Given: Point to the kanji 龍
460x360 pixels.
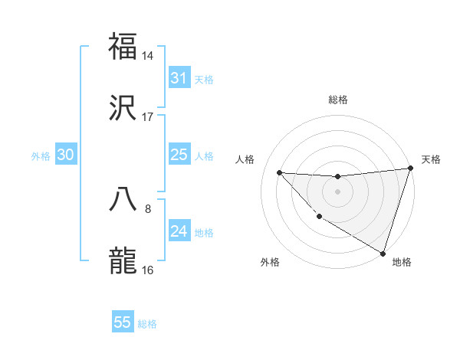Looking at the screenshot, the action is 123,260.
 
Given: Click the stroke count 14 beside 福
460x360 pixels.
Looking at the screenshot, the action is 148,56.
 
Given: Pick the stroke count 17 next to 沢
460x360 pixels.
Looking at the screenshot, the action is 148,117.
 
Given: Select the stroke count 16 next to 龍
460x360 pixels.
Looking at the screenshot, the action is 148,270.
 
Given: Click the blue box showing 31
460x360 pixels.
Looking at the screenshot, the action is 179,78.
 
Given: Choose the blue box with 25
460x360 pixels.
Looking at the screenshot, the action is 179,155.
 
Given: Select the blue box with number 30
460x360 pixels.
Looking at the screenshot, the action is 66,155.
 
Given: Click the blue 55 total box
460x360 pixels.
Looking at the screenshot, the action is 123,322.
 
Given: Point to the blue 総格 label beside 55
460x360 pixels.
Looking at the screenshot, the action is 147,324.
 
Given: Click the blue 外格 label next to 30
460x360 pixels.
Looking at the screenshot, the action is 41,156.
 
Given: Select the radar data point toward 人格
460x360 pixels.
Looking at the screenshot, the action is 279,172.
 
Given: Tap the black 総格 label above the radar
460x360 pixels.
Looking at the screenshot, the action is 338,100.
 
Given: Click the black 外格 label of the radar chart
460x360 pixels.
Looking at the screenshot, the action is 270,262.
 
